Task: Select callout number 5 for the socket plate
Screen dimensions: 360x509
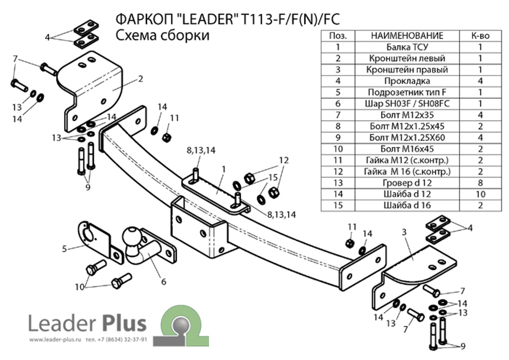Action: [65, 248]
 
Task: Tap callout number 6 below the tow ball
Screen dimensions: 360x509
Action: [163, 280]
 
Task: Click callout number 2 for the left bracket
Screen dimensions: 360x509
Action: [140, 79]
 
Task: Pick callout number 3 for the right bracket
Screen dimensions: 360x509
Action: [404, 232]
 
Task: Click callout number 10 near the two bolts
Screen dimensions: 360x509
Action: [79, 287]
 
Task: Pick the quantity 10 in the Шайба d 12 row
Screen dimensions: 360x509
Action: [480, 194]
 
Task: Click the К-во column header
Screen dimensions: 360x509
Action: [480, 36]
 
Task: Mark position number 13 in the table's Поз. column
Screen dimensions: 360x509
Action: [338, 183]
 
